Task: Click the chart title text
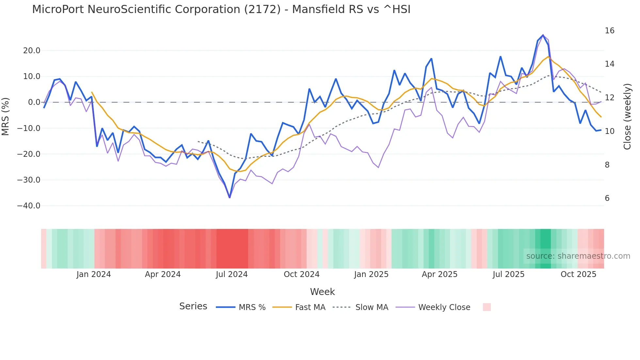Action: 221,9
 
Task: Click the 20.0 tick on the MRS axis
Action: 32,51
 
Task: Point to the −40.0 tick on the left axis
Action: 29,206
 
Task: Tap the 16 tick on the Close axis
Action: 609,31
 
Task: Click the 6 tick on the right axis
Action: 607,198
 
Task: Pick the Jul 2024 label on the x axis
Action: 232,274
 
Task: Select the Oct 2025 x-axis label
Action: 578,274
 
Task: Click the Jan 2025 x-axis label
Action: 371,274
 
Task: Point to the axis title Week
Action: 322,292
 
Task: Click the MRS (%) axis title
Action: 6,117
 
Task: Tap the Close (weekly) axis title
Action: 627,117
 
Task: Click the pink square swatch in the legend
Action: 487,307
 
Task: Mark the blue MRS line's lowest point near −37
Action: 230,197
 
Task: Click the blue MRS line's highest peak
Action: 543,35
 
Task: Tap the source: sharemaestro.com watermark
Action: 578,256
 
